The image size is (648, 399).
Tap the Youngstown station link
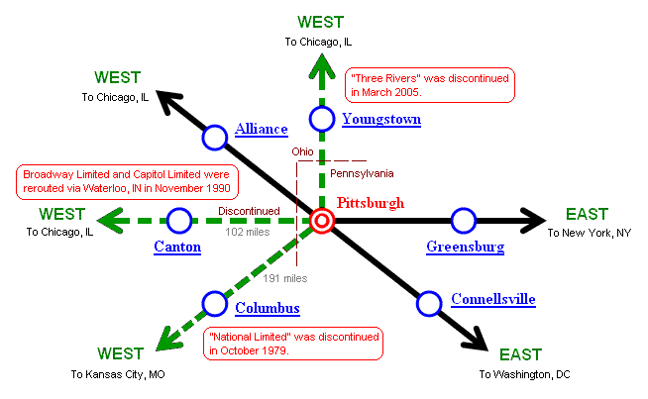click(381, 120)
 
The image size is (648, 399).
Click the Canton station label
click(177, 247)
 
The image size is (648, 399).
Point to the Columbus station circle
click(215, 303)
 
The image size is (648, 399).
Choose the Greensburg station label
click(465, 247)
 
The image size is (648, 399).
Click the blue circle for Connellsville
click(428, 303)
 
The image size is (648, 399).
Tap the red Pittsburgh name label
click(371, 203)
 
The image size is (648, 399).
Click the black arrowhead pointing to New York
click(531, 220)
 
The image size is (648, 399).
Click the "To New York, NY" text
click(589, 233)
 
